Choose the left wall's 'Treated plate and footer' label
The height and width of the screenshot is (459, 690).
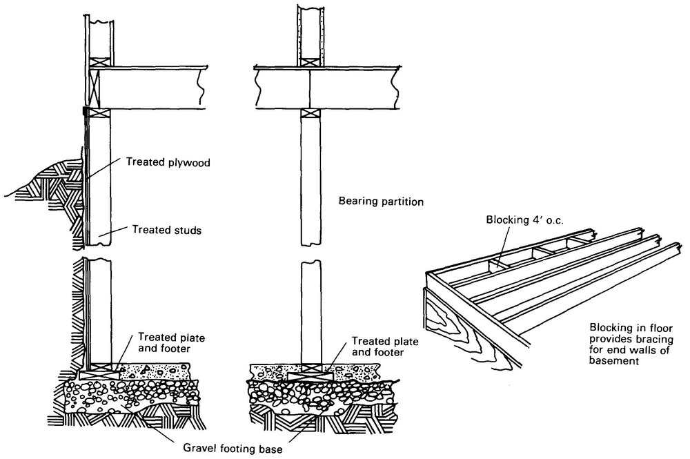(x=165, y=342)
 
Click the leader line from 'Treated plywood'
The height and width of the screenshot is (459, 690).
(x=104, y=172)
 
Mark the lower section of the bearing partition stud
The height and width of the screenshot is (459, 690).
(x=310, y=311)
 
